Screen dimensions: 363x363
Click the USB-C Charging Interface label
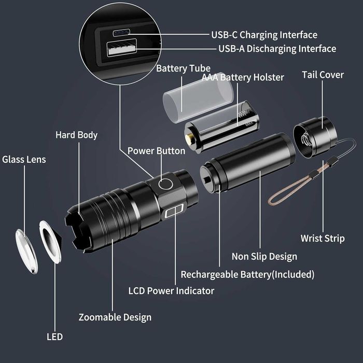263,35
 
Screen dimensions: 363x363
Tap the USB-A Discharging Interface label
277,49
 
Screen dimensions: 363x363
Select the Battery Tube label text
183,68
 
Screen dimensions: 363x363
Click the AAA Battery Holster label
243,77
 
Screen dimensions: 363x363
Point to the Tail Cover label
323,75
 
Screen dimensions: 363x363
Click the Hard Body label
76,135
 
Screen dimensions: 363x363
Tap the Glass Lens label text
24,159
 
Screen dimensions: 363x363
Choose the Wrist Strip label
322,239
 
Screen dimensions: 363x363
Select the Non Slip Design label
264,256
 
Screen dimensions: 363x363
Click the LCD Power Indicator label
171,290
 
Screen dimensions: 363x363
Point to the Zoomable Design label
115,317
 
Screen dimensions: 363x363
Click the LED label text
54,337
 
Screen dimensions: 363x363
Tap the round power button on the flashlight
166,184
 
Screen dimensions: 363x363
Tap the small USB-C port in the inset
120,33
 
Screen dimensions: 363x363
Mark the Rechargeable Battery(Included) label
247,274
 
